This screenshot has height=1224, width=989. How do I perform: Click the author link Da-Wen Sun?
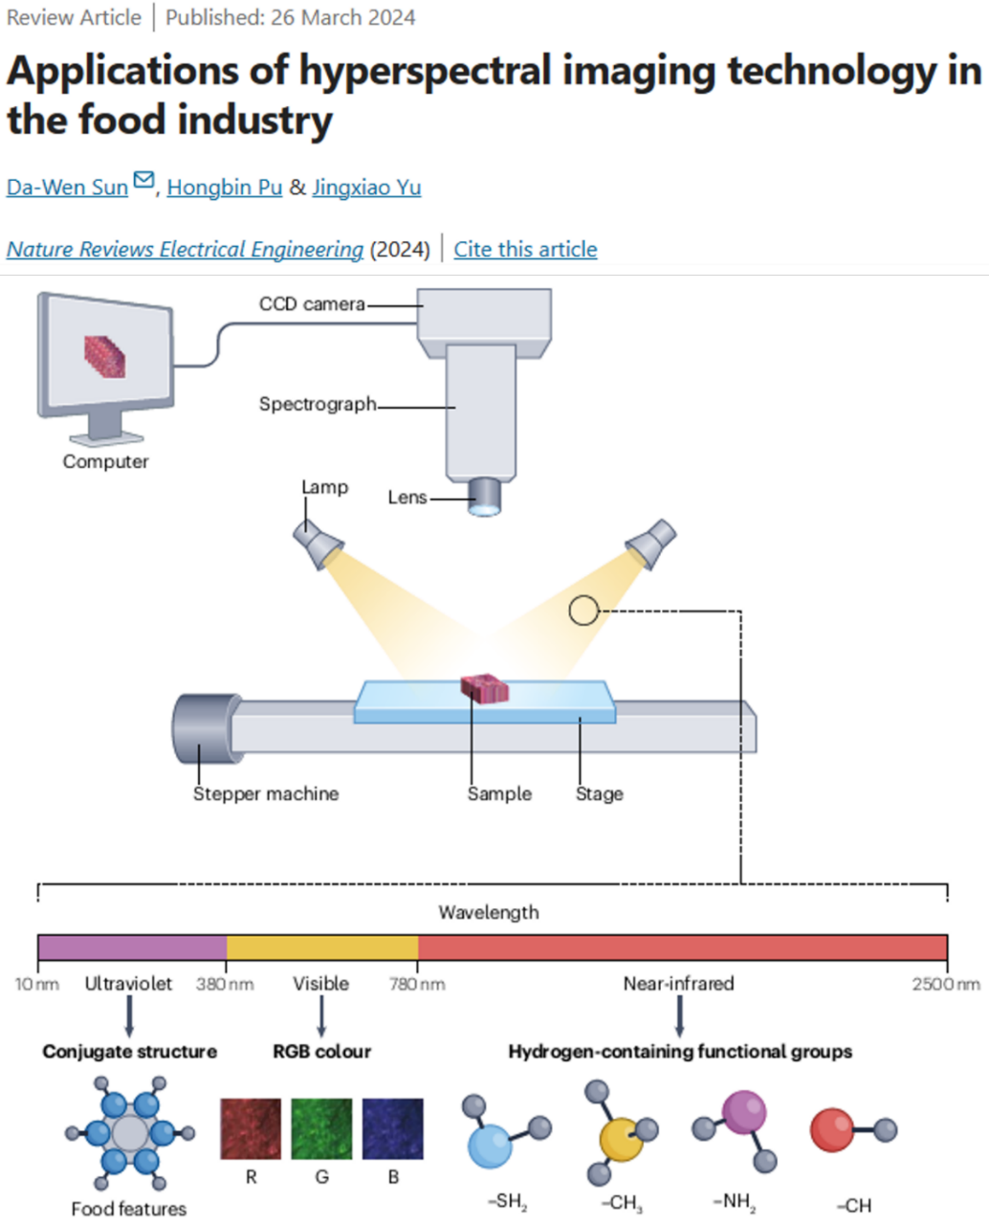pyautogui.click(x=67, y=188)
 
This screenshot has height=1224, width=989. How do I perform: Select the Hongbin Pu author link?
pyautogui.click(x=225, y=188)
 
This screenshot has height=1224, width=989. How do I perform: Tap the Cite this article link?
pyautogui.click(x=525, y=250)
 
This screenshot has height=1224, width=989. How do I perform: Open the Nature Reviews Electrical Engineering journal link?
pyautogui.click(x=185, y=250)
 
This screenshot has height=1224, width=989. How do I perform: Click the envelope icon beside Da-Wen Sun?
pyautogui.click(x=143, y=180)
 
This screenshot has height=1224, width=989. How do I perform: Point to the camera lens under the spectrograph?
pyautogui.click(x=485, y=499)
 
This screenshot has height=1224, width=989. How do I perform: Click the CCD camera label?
pyautogui.click(x=312, y=304)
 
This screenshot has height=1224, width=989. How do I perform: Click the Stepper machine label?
pyautogui.click(x=266, y=794)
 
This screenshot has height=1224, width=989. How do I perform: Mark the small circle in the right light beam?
pyautogui.click(x=583, y=611)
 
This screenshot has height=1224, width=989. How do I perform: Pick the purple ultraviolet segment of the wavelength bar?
pyautogui.click(x=132, y=947)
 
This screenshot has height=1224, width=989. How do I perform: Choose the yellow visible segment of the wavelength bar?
pyautogui.click(x=322, y=947)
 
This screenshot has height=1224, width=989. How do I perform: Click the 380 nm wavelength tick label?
pyautogui.click(x=225, y=984)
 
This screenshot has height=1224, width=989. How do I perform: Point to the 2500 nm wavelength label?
pyautogui.click(x=946, y=984)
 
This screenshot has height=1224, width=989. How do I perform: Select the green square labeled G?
pyautogui.click(x=321, y=1128)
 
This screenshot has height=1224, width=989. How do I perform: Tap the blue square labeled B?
pyautogui.click(x=392, y=1128)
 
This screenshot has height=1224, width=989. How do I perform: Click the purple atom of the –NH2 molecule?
pyautogui.click(x=744, y=1113)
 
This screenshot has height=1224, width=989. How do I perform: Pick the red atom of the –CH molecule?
pyautogui.click(x=832, y=1130)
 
